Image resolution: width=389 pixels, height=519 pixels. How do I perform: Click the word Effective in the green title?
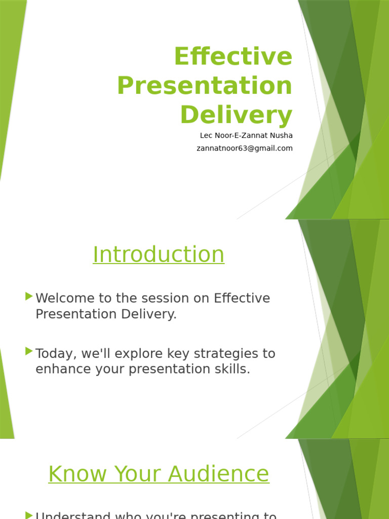pos(233,57)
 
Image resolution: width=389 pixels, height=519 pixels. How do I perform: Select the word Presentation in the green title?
pos(205,86)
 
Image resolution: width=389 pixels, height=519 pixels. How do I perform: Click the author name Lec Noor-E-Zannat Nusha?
pos(246,136)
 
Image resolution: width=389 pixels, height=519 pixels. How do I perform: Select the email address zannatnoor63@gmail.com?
pos(245,149)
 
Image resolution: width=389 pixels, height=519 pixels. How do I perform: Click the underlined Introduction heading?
pos(159,254)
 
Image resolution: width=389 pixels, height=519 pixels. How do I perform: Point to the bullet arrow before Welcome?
pos(29,296)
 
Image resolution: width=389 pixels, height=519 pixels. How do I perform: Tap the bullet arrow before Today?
pos(29,351)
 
